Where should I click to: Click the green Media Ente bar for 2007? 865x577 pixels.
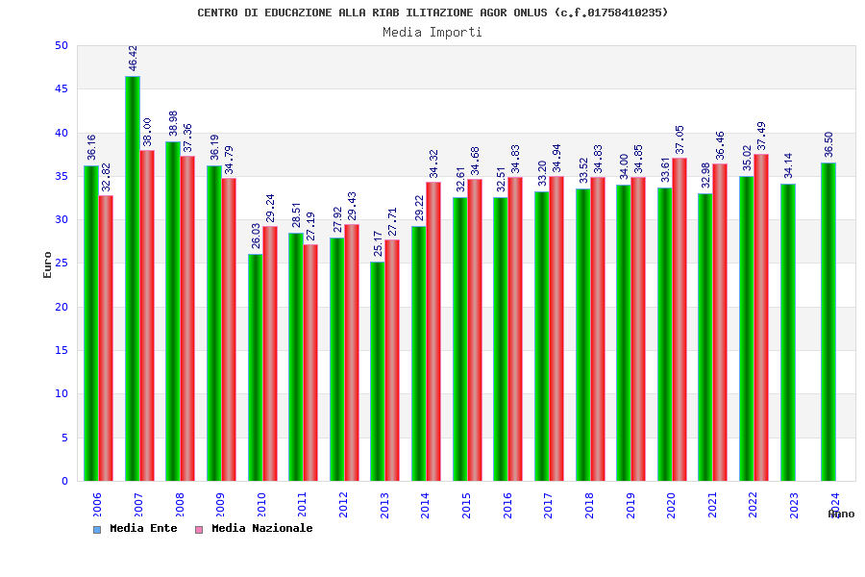point(132,279)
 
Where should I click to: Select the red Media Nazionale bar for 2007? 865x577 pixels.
point(147,315)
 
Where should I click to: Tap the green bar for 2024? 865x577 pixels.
point(828,322)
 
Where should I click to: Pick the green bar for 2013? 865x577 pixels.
point(378,371)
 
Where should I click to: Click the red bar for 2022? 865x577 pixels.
point(761,317)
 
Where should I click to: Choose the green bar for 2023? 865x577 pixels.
point(787,332)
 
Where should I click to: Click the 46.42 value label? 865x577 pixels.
point(133,58)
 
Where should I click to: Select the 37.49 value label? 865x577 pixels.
point(762,136)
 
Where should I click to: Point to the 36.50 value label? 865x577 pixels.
point(828,144)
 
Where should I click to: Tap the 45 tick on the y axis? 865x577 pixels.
point(62,88)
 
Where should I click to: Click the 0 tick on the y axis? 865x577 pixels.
point(64,481)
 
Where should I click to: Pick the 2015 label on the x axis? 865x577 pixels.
point(466,505)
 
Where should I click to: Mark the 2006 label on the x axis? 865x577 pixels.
point(97,505)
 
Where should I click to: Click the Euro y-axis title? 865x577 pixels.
point(48,264)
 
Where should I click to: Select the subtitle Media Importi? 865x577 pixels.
point(432,32)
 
